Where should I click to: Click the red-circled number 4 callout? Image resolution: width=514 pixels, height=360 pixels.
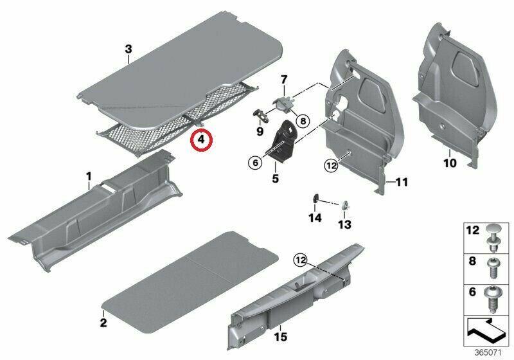point(202,139)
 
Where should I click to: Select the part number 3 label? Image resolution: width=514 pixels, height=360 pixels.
point(128,50)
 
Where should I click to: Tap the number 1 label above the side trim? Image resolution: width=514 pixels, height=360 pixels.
point(89,177)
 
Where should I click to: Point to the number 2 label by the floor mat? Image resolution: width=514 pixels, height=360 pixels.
point(103,323)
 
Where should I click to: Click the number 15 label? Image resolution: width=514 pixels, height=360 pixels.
point(281,337)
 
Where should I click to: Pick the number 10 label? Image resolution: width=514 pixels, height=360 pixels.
point(450,163)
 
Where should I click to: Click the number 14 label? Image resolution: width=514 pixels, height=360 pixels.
point(315,218)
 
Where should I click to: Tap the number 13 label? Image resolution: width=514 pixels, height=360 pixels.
point(344,224)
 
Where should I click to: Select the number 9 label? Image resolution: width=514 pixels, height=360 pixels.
point(260,132)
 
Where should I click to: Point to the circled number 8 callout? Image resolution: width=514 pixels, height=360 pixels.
point(303,122)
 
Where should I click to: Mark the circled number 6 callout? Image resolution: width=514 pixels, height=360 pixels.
point(255,162)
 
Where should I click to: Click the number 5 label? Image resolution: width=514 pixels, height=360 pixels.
point(276,179)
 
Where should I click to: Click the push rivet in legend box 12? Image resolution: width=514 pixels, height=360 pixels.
point(493,238)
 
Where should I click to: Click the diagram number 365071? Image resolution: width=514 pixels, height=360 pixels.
point(488,353)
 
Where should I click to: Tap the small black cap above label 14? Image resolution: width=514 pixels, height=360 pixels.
point(315,199)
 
